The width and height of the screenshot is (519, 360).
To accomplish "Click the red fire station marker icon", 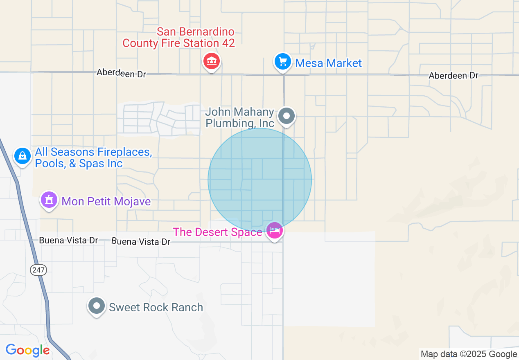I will (x=212, y=62).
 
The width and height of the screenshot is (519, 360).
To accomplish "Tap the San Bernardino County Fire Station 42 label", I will (x=178, y=38).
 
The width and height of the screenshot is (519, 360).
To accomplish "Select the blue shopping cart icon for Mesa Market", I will (x=282, y=62).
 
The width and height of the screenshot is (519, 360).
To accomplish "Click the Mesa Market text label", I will (x=328, y=63).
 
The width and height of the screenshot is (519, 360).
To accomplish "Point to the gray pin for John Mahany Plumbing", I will (x=287, y=116).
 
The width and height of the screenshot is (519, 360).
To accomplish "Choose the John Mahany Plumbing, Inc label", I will (x=240, y=117).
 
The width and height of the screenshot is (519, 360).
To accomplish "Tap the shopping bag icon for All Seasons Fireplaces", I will (x=23, y=156).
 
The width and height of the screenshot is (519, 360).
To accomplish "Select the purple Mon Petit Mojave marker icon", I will (x=49, y=200).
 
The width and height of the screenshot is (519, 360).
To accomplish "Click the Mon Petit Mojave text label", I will (x=106, y=201).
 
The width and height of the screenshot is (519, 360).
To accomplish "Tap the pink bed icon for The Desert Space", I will (x=274, y=231).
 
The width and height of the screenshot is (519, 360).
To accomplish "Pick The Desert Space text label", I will (x=217, y=232).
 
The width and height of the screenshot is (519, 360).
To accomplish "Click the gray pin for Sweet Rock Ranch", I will (x=97, y=306).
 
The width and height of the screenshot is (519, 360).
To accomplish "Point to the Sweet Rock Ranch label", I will (x=156, y=307).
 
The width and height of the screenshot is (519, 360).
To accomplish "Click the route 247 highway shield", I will (x=38, y=270).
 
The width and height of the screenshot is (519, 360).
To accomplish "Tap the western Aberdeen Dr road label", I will (x=121, y=74).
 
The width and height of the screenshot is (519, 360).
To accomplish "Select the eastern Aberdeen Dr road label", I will (x=454, y=76).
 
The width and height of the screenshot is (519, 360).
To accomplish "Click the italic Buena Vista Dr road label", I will (x=141, y=242).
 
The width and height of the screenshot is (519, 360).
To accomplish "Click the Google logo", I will (x=27, y=350).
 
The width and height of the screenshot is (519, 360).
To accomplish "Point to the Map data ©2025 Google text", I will (x=469, y=354).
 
